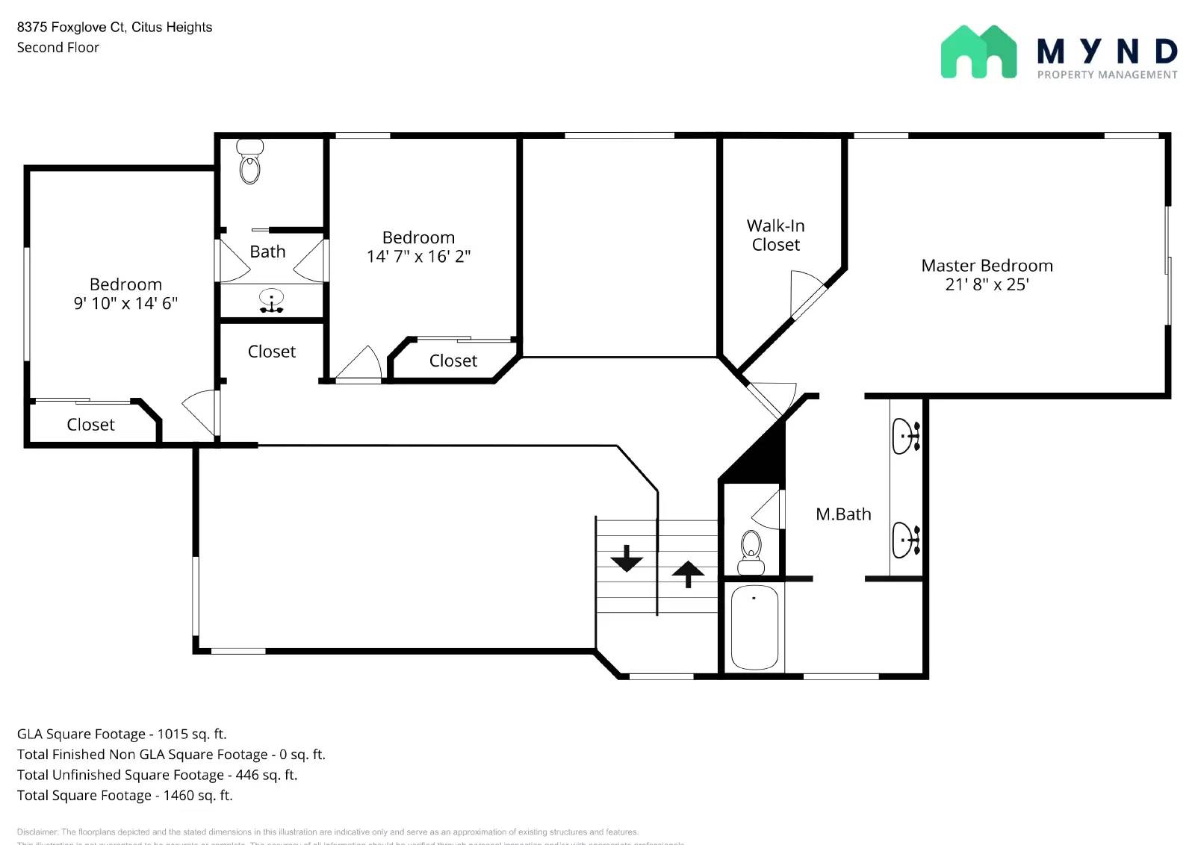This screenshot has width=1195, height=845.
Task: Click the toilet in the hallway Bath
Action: (249, 162)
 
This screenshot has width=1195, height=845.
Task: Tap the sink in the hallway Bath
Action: (271, 300)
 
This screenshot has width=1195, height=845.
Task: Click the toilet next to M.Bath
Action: (751, 552)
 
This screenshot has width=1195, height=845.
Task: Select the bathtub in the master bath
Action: (754, 627)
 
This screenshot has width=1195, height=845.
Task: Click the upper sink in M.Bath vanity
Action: (906, 435)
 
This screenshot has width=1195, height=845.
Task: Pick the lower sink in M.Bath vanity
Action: (906, 540)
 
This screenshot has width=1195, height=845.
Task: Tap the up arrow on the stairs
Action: (688, 574)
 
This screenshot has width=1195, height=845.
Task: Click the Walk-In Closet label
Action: (775, 235)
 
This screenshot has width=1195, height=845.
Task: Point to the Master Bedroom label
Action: (987, 266)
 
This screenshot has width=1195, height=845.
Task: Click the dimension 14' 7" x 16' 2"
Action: (418, 257)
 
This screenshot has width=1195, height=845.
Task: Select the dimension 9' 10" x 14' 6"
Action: (125, 303)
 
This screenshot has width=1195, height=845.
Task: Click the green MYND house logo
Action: (978, 52)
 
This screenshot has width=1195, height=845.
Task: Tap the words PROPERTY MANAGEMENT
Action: (1107, 75)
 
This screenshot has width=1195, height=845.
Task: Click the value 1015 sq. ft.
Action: (191, 734)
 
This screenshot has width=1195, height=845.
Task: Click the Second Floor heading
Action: (58, 48)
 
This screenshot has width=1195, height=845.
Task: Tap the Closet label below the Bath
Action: (271, 352)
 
